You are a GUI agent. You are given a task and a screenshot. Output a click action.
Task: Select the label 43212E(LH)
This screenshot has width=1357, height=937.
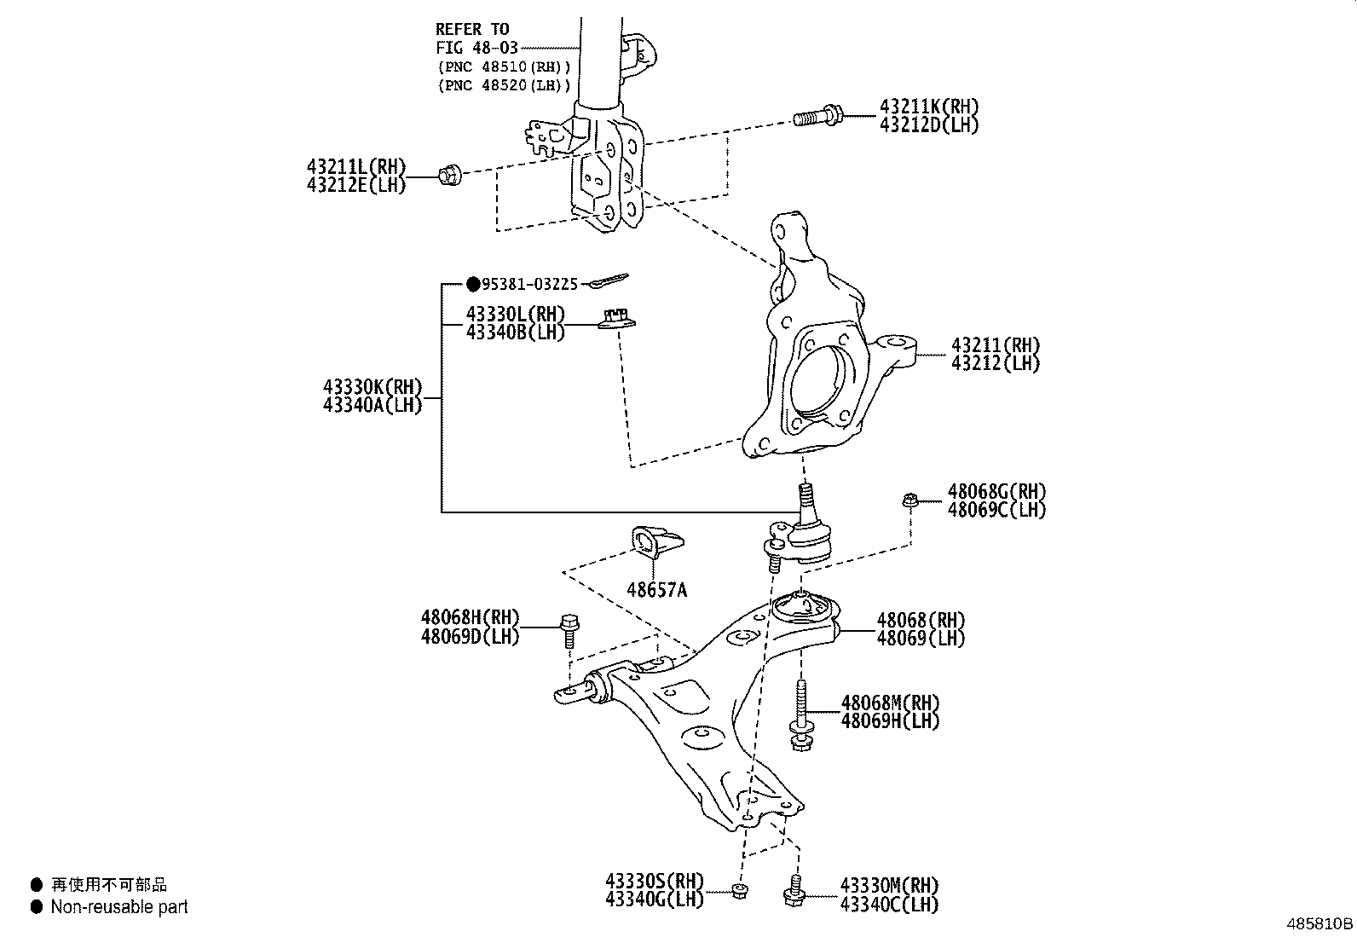356,184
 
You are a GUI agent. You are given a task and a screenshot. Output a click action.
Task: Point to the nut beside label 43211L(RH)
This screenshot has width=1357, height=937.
449,176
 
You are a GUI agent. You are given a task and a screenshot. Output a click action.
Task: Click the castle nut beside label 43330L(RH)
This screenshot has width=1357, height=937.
617,320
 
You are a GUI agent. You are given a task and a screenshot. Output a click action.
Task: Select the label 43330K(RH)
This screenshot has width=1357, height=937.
372,387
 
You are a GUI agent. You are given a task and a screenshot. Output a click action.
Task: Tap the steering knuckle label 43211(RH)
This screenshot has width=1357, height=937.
996,345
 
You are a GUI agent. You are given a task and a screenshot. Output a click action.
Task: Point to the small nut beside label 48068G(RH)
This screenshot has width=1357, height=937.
909,500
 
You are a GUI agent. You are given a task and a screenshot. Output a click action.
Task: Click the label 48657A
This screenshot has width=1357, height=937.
655,589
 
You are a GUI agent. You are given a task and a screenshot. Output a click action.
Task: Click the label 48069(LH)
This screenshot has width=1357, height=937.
921,638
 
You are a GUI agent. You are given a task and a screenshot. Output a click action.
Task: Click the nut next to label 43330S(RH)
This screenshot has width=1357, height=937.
740,891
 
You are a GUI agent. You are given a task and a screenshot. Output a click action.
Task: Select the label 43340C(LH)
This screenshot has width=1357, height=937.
889,905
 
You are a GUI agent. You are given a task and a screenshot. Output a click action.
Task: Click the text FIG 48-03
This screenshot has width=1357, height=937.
476,48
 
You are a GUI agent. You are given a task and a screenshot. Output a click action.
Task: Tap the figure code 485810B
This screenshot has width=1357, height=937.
1319,923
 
